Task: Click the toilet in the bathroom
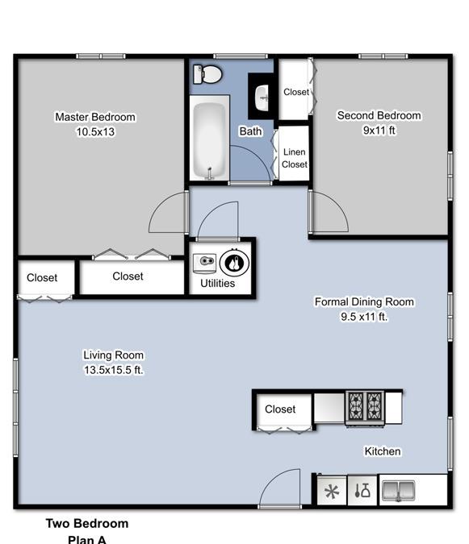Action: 207,74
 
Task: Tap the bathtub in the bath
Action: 210,139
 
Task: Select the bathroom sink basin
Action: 262,98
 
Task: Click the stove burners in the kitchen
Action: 365,406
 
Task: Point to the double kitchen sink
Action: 398,491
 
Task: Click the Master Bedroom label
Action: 95,117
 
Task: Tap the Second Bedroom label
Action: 379,115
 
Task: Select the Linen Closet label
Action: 295,158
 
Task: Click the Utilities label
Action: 217,283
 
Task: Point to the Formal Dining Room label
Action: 364,302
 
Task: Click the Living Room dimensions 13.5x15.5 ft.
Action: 113,370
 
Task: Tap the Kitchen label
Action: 383,451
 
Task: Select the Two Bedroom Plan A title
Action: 87,531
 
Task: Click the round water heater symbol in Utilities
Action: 234,263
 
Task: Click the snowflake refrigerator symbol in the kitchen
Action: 332,492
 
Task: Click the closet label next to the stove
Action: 280,409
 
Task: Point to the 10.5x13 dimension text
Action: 95,132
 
